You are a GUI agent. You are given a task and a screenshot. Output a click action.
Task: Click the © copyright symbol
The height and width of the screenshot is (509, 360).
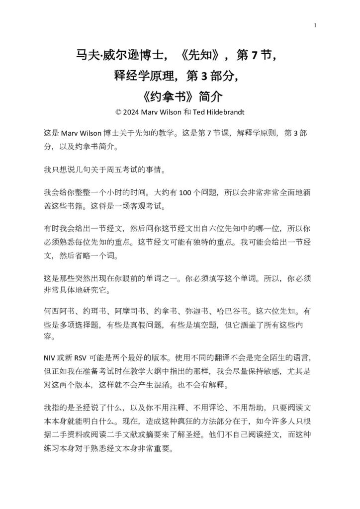pyautogui.click(x=118, y=112)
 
